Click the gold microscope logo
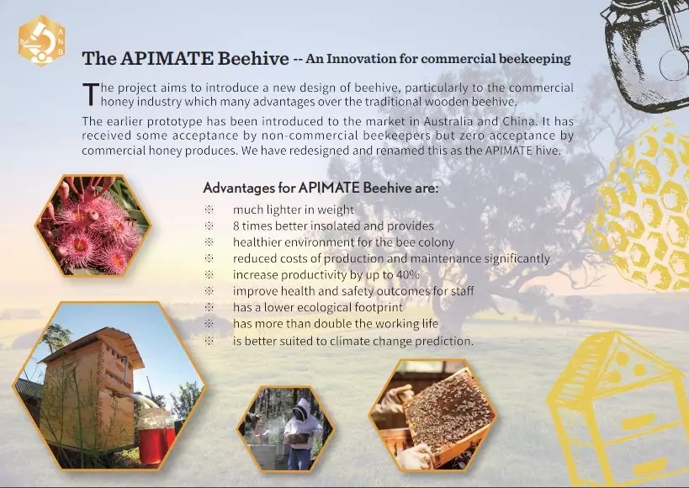coord(42,40)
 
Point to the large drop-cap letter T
coord(90,93)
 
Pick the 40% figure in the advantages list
coord(408,275)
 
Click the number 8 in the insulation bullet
coord(236,226)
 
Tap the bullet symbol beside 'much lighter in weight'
coord(209,210)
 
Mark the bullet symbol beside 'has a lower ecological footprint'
coord(209,307)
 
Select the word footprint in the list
coord(379,307)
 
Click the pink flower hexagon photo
coord(93,225)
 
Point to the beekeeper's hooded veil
coord(300,411)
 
